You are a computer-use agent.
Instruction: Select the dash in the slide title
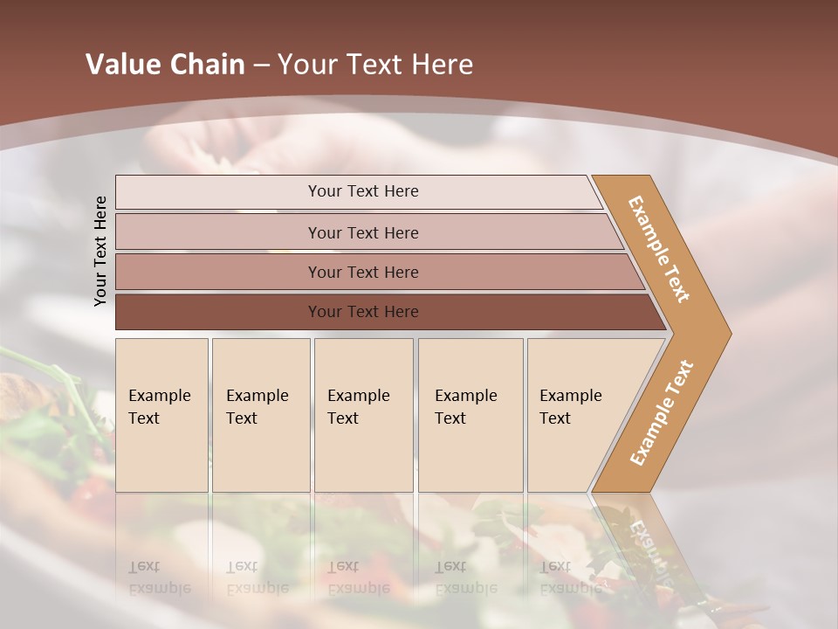pos(261,66)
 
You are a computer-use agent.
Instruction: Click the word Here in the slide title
pos(442,65)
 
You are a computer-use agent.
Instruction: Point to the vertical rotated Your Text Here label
pos(100,251)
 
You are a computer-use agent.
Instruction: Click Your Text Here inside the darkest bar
pos(363,312)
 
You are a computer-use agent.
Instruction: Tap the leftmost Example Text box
pos(161,415)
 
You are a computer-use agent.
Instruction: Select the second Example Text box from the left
pos(261,415)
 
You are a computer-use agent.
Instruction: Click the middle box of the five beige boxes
pos(363,415)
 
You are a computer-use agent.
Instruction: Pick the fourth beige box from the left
pos(471,415)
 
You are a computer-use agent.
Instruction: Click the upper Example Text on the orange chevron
pos(659,249)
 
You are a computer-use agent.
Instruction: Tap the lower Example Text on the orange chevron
pos(661,412)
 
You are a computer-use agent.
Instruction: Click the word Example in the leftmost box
pos(159,396)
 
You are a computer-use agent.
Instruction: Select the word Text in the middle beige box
pos(343,418)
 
